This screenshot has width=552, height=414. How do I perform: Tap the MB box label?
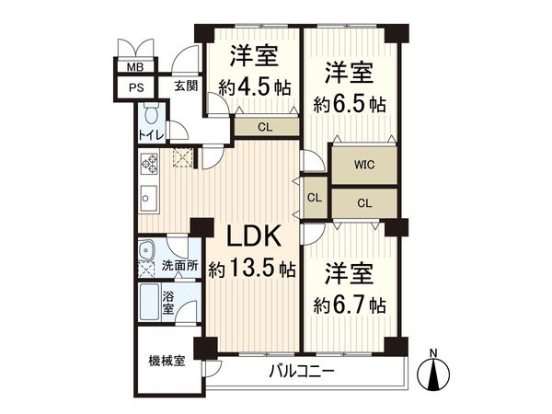[x=135, y=68]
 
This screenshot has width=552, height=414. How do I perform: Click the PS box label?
[x=135, y=87]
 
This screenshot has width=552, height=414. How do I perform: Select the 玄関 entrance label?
[x=185, y=86]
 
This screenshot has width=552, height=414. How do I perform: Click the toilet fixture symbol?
[x=152, y=115]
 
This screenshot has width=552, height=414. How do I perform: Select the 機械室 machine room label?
[x=167, y=360]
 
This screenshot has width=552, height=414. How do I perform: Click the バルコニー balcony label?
[x=303, y=373]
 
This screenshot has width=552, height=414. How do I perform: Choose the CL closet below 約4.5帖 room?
[x=264, y=128]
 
